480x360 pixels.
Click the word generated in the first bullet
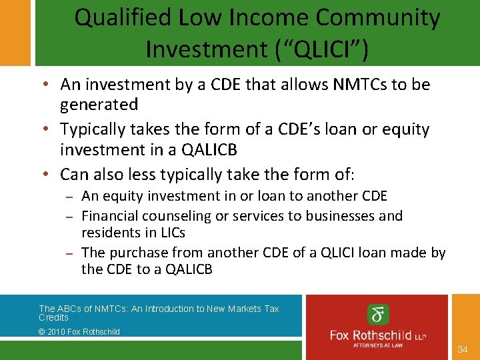tap(99, 104)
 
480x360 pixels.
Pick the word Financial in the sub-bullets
tap(109, 215)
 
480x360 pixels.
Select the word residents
tap(109, 233)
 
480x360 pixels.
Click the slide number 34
tap(464, 349)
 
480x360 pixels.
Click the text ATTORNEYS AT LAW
tap(379, 345)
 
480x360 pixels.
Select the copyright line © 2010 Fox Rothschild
tap(79, 331)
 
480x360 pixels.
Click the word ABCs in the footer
tap(70, 309)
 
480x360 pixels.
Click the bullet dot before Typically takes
tap(51, 129)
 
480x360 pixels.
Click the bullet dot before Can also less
tap(51, 175)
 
